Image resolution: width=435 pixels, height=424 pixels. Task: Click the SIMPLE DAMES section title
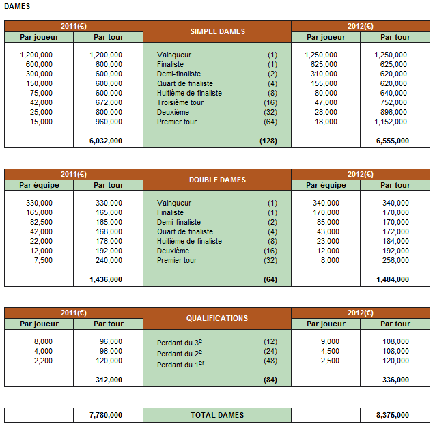217,31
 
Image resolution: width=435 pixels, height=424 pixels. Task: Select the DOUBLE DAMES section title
217,180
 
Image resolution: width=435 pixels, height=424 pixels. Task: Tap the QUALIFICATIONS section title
217,318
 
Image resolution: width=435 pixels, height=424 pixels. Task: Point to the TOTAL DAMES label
217,414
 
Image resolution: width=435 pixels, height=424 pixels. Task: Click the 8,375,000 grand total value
393,414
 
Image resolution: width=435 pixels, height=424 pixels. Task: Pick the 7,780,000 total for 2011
106,414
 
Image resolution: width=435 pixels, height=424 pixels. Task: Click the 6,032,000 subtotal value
106,141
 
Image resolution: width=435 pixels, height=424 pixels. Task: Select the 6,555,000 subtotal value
393,141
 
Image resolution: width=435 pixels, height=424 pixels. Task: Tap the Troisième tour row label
180,102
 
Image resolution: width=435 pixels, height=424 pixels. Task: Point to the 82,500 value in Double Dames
39,222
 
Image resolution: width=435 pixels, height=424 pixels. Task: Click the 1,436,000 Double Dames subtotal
106,279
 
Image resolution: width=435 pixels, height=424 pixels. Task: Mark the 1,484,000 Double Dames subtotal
393,279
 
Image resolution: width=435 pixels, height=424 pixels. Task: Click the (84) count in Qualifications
270,380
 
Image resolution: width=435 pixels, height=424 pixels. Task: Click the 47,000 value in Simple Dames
326,102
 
